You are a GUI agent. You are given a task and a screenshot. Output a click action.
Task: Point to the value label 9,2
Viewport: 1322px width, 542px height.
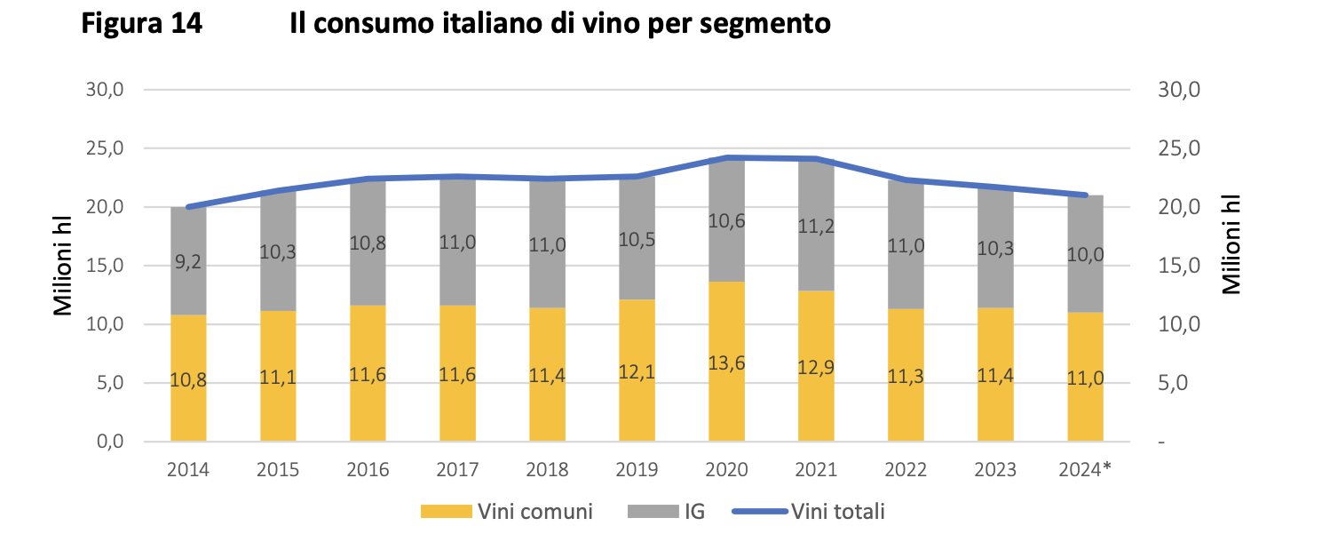[x=188, y=262]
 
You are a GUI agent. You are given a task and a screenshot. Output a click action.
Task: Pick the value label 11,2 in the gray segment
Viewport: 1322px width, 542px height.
[x=816, y=227]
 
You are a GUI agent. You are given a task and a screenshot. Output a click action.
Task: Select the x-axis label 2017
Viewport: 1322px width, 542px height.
[x=457, y=468]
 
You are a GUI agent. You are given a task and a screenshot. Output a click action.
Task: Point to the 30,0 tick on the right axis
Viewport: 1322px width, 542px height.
[x=1179, y=90]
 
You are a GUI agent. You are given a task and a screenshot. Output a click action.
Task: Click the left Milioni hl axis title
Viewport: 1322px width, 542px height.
[x=62, y=266]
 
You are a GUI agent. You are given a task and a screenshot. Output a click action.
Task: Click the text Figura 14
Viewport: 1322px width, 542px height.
[x=141, y=24]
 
